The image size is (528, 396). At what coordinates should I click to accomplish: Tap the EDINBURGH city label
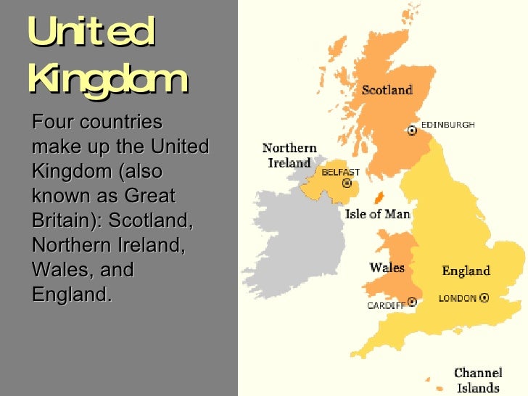448,125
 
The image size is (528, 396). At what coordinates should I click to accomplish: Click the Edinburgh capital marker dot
413,131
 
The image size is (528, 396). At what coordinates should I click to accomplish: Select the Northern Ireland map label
289,155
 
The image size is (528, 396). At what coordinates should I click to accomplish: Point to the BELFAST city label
340,173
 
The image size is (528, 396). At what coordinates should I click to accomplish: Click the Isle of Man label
377,214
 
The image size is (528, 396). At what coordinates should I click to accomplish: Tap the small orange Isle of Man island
378,197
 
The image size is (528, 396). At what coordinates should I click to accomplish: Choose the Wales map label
387,268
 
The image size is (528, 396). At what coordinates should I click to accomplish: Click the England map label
466,271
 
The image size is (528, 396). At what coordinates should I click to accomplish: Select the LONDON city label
458,298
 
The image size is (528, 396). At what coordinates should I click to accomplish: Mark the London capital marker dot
484,297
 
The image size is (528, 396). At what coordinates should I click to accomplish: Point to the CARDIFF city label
387,306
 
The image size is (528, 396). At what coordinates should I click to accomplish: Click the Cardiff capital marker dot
413,301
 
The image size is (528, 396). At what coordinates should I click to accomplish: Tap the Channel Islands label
478,381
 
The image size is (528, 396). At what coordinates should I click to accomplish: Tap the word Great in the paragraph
150,197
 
